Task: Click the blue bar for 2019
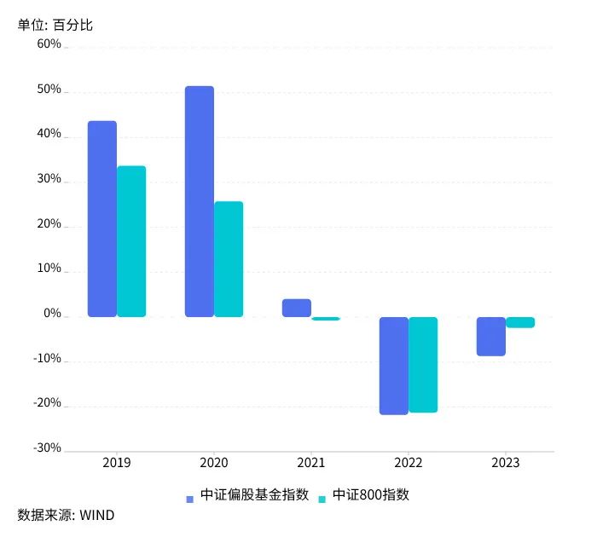point(102,219)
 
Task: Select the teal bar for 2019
point(131,241)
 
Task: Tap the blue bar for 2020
point(200,201)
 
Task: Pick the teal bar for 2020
point(229,259)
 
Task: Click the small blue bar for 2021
point(297,308)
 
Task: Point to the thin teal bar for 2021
point(326,319)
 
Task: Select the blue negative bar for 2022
point(394,366)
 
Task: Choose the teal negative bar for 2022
point(423,365)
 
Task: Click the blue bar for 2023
point(491,336)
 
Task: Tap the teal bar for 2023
point(520,322)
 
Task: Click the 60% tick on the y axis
point(49,44)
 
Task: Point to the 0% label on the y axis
point(52,314)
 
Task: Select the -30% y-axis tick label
point(46,447)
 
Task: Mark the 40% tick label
point(49,134)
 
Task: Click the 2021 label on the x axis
point(311,463)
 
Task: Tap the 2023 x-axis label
point(506,463)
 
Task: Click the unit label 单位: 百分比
point(55,25)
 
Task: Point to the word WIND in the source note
point(97,515)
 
